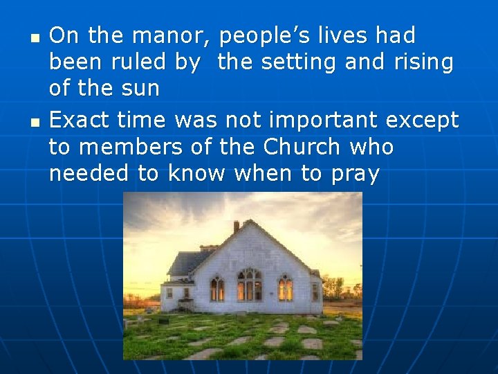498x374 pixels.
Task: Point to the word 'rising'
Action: (x=423, y=62)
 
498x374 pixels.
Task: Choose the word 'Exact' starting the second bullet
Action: (x=79, y=120)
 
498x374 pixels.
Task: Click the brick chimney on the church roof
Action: (x=236, y=226)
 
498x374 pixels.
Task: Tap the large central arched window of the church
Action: (x=249, y=284)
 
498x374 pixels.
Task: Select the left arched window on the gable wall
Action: (x=217, y=287)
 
